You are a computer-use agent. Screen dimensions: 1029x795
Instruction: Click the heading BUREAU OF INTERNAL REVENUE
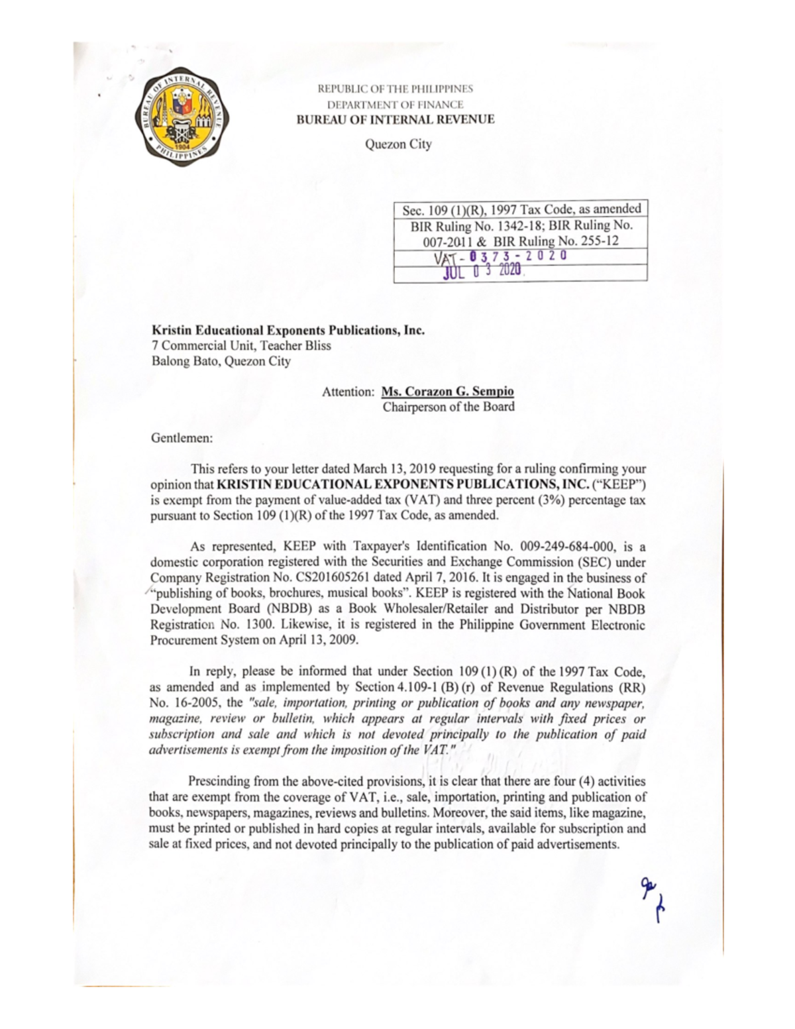pos(395,120)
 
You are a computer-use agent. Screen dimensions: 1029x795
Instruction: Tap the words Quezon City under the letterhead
pos(398,144)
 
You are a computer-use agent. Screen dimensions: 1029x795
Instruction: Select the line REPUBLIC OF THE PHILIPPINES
pos(396,89)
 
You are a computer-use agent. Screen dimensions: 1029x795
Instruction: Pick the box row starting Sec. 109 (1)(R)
pos(521,209)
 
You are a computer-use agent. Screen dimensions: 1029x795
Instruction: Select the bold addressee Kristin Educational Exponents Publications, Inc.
pos(288,330)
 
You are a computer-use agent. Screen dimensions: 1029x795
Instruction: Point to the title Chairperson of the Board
pos(449,407)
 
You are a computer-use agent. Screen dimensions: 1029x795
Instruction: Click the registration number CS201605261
pos(331,577)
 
